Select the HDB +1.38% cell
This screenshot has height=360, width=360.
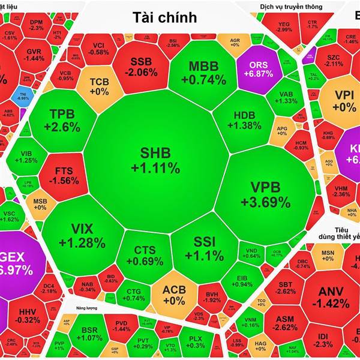pos(244,120)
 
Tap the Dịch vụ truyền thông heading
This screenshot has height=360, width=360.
pos(278,7)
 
